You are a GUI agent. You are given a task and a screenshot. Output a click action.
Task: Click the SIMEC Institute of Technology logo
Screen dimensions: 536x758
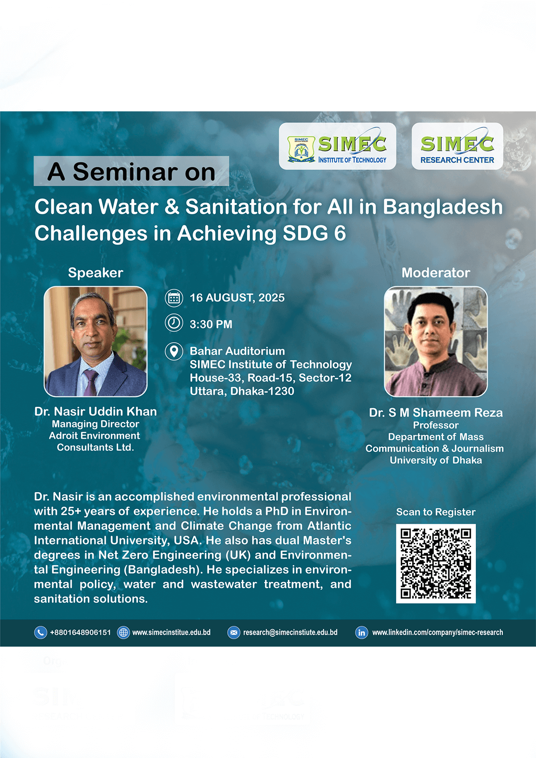[x=337, y=146]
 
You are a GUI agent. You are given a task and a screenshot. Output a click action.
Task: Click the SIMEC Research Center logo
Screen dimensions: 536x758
[x=457, y=146]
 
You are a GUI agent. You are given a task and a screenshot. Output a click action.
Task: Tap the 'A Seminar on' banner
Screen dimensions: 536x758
[x=131, y=171]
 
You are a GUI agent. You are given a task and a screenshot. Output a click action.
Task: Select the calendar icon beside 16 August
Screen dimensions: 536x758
[x=174, y=298]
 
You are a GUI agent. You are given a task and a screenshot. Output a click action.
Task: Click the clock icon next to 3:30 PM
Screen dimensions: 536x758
[x=174, y=323]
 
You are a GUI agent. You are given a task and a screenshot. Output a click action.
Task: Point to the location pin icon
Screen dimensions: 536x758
[x=174, y=351]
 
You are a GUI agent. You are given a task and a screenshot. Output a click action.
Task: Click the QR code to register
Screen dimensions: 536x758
[x=436, y=563]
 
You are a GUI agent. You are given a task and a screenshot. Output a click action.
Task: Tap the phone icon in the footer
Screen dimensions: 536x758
[x=41, y=632]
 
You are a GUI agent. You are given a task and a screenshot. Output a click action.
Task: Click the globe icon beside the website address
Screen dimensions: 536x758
[x=123, y=632]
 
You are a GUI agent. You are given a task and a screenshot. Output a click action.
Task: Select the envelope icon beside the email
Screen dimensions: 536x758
[x=234, y=632]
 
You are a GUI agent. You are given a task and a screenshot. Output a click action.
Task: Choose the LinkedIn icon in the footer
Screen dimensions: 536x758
[x=361, y=632]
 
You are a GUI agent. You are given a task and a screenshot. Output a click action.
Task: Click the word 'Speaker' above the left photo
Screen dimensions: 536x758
[x=95, y=273]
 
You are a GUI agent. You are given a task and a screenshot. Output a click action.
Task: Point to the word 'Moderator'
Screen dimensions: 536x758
[x=436, y=273]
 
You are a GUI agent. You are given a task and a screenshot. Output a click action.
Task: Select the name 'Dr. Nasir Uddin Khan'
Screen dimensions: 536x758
[x=95, y=412]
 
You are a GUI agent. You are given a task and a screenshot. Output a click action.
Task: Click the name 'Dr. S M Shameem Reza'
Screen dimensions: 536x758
[x=436, y=413]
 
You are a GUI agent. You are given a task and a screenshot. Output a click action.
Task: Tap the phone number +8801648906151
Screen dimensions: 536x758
[x=80, y=632]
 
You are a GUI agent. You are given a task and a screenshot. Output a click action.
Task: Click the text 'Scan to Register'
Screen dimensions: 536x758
[x=436, y=512]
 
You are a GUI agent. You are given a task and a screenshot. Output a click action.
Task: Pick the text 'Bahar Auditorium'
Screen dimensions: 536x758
[x=237, y=351]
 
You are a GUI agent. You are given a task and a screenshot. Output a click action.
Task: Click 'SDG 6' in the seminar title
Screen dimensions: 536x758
[x=314, y=233]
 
